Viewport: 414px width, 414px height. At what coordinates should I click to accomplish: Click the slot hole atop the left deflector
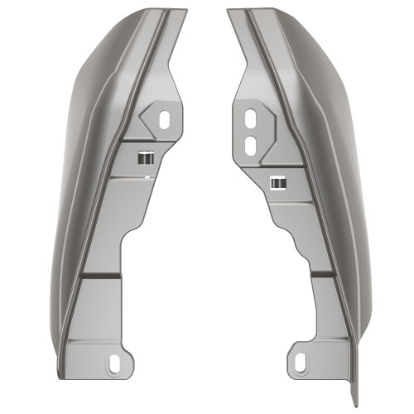164,119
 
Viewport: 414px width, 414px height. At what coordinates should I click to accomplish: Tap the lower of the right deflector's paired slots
249,142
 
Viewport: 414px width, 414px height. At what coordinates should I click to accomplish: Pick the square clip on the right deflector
280,181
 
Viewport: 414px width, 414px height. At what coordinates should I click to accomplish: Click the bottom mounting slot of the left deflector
113,362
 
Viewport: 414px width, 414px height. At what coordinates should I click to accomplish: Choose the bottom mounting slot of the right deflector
300,362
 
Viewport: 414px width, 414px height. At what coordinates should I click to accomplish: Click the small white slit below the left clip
146,176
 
